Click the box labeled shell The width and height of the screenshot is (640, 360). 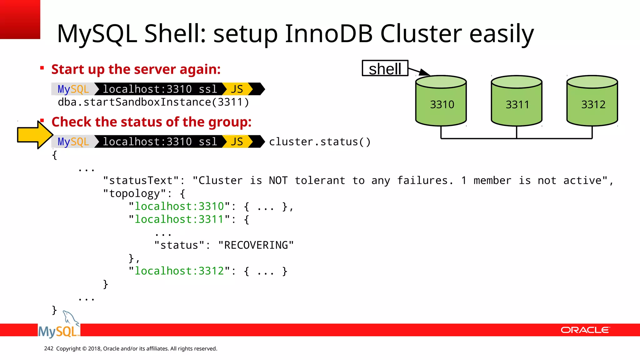(x=385, y=68)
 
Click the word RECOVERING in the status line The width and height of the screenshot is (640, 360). (x=256, y=245)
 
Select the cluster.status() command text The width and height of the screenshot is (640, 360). (x=320, y=142)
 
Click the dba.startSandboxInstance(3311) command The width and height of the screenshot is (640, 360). (x=153, y=102)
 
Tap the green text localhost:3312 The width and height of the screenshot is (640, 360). (x=179, y=271)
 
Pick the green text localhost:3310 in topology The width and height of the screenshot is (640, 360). (x=179, y=207)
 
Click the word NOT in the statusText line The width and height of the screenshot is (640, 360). (x=278, y=181)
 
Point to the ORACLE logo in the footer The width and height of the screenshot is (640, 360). (x=585, y=330)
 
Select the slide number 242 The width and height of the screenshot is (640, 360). (x=49, y=348)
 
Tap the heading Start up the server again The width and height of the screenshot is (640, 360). (x=136, y=69)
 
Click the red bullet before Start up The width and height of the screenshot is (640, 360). (x=42, y=68)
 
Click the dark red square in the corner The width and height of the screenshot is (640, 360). (x=20, y=19)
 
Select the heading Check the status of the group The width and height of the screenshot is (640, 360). (x=152, y=122)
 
